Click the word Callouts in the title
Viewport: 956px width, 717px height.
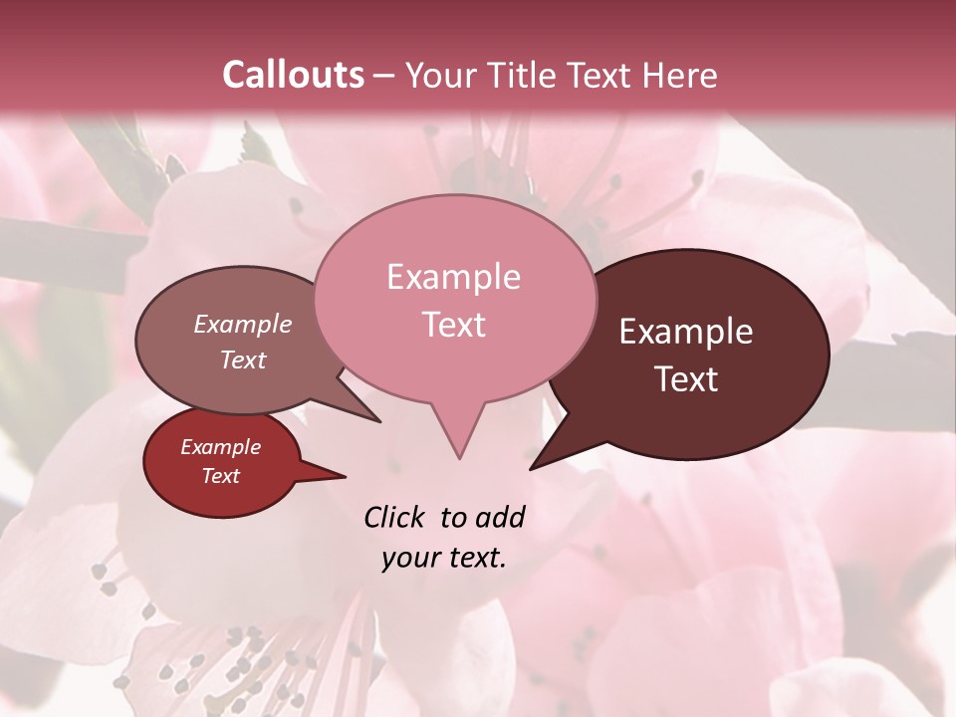pyautogui.click(x=293, y=75)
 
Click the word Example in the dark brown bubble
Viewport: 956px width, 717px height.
pyautogui.click(x=686, y=332)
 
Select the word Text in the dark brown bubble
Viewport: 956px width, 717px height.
pyautogui.click(x=686, y=379)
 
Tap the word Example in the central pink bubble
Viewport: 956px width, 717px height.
pyautogui.click(x=453, y=277)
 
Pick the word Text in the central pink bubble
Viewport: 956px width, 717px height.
pyautogui.click(x=453, y=325)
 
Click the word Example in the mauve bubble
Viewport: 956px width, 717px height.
pyautogui.click(x=243, y=324)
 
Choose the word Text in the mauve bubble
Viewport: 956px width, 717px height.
pyautogui.click(x=243, y=359)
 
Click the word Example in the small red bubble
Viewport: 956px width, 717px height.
pyautogui.click(x=220, y=447)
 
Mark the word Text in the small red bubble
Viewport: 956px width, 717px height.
pyautogui.click(x=220, y=475)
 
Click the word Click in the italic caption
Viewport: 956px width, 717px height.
pyautogui.click(x=396, y=517)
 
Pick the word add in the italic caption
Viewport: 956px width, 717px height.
pyautogui.click(x=499, y=517)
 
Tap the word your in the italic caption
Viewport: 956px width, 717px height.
pyautogui.click(x=409, y=558)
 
